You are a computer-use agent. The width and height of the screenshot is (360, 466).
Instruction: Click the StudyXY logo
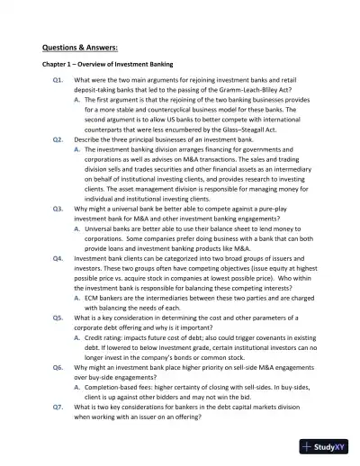click(x=326, y=445)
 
